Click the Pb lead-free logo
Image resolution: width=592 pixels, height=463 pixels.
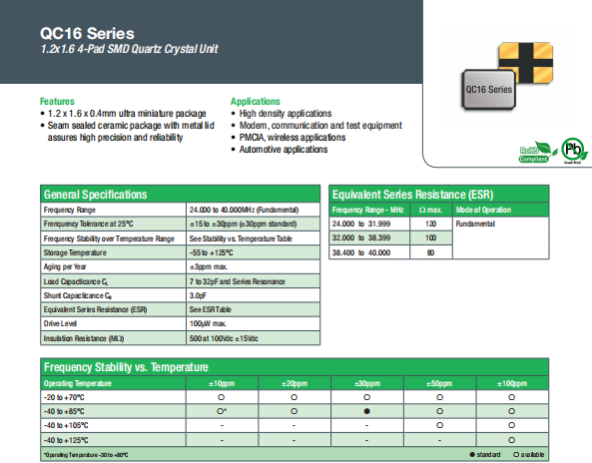click(569, 152)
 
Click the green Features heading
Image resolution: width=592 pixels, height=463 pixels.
click(57, 102)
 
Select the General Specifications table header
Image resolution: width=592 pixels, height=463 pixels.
click(96, 194)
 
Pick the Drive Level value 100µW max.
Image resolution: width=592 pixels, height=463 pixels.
click(210, 324)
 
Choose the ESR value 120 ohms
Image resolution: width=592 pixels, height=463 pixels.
click(430, 225)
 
